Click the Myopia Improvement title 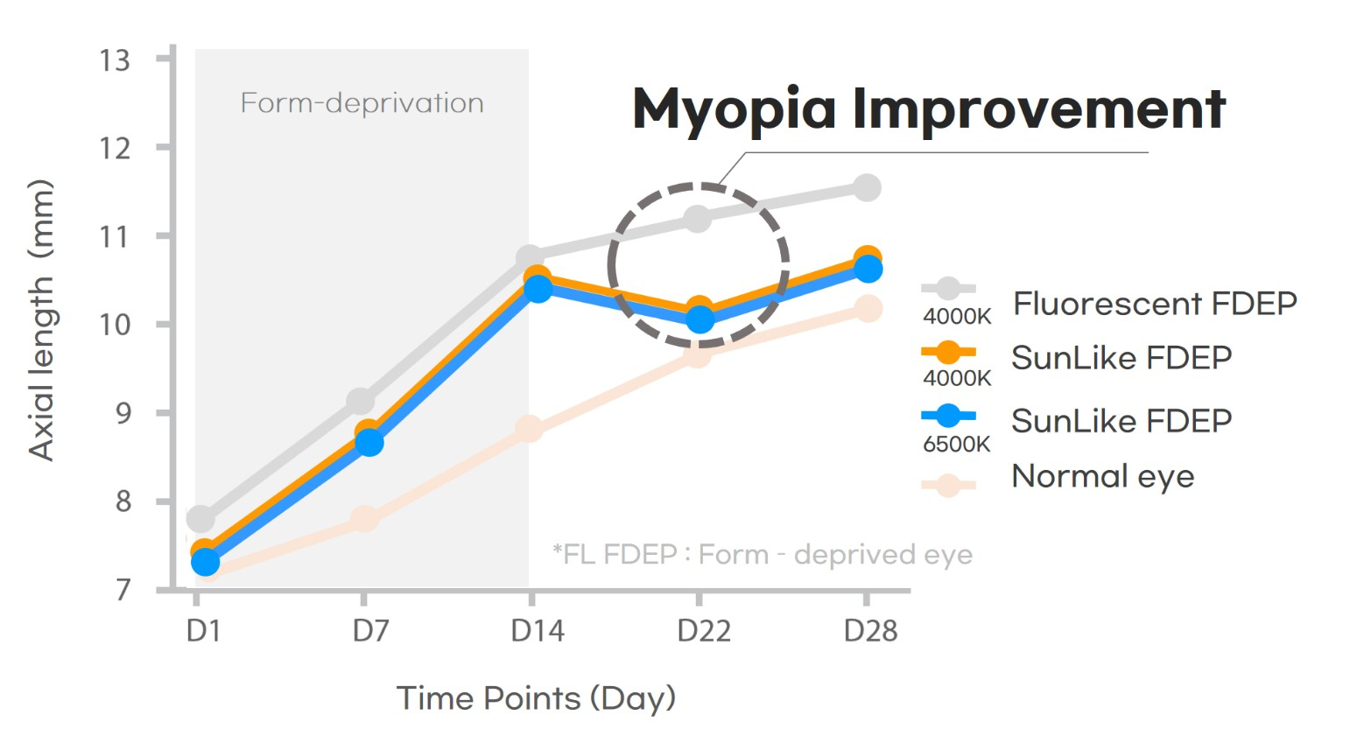click(x=928, y=109)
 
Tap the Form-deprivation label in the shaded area click(x=362, y=103)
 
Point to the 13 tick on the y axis click(x=115, y=60)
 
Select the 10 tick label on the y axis click(x=115, y=325)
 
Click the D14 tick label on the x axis click(x=538, y=631)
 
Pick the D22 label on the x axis click(x=704, y=631)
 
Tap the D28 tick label click(x=870, y=631)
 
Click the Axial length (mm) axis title click(x=41, y=319)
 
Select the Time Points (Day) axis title click(x=536, y=698)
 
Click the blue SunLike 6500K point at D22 click(x=700, y=320)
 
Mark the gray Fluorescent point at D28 click(x=867, y=187)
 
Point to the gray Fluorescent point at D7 click(x=361, y=402)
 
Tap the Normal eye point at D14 click(x=529, y=430)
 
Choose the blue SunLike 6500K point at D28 click(x=868, y=269)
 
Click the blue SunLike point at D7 click(x=369, y=443)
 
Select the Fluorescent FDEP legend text click(x=1155, y=304)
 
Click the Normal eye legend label click(x=1102, y=476)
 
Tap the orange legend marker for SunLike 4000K click(x=948, y=353)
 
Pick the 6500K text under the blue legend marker click(x=956, y=444)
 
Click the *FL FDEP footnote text click(x=762, y=555)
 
